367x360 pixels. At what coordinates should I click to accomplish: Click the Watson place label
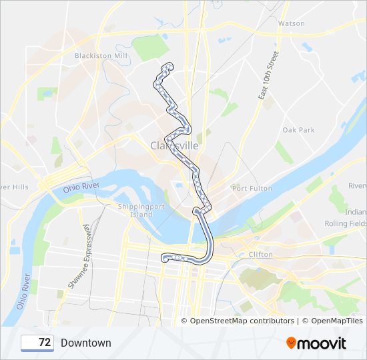tap(291, 23)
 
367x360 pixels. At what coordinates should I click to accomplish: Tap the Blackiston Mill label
tap(101, 56)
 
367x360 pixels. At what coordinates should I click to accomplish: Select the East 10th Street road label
tap(268, 75)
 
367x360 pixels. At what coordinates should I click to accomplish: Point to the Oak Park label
tap(298, 130)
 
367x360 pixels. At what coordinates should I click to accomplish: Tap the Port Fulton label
tap(252, 189)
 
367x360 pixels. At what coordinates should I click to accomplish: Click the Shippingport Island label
tap(135, 210)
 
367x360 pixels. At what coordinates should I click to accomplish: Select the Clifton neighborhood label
tap(260, 255)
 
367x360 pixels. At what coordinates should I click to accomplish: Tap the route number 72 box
tap(37, 343)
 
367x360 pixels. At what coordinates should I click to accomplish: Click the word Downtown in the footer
tap(86, 343)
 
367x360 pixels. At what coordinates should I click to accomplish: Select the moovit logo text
tap(322, 343)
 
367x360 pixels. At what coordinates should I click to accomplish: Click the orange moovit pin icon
tap(291, 343)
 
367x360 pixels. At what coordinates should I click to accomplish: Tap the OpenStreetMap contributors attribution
tap(242, 321)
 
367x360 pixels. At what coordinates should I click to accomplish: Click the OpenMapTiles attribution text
tap(332, 321)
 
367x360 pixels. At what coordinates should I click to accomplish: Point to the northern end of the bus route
tap(167, 65)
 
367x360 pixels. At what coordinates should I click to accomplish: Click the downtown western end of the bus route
tap(164, 257)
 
